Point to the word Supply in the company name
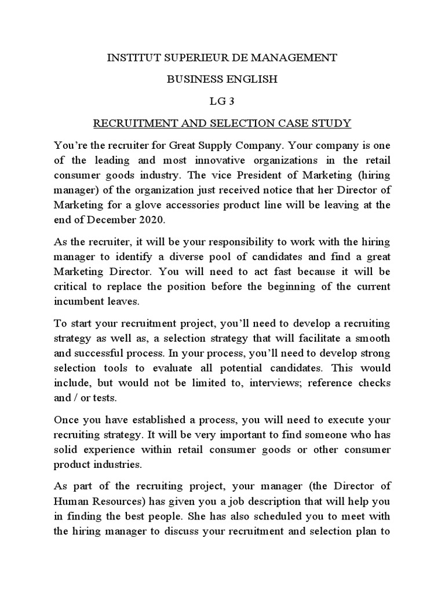coord(226,145)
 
